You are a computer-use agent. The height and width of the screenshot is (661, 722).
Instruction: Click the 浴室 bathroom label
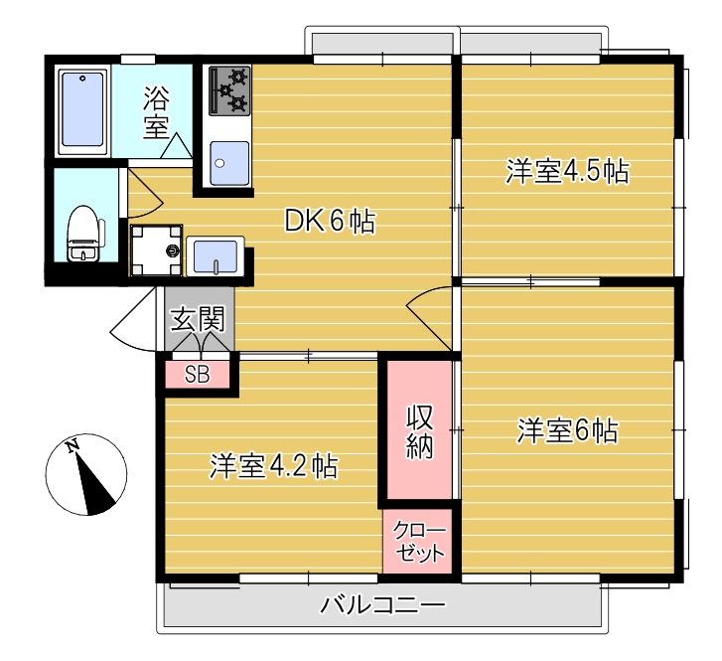155,112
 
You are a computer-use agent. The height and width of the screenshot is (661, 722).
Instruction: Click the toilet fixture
82,235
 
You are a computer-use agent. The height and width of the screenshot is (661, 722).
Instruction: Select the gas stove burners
228,90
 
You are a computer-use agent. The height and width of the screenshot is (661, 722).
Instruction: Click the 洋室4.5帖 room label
567,172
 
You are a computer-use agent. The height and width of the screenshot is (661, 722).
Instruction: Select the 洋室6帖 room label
567,430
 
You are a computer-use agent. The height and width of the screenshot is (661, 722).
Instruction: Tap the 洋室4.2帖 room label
273,465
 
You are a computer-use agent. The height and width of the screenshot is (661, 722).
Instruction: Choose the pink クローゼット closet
418,542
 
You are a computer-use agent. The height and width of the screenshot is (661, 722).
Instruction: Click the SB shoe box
198,375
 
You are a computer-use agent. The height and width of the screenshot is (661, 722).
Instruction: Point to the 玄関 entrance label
199,320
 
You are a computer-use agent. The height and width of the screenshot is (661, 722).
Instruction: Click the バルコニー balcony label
382,605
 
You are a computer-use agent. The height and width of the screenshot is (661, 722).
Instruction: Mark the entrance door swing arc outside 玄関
136,320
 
